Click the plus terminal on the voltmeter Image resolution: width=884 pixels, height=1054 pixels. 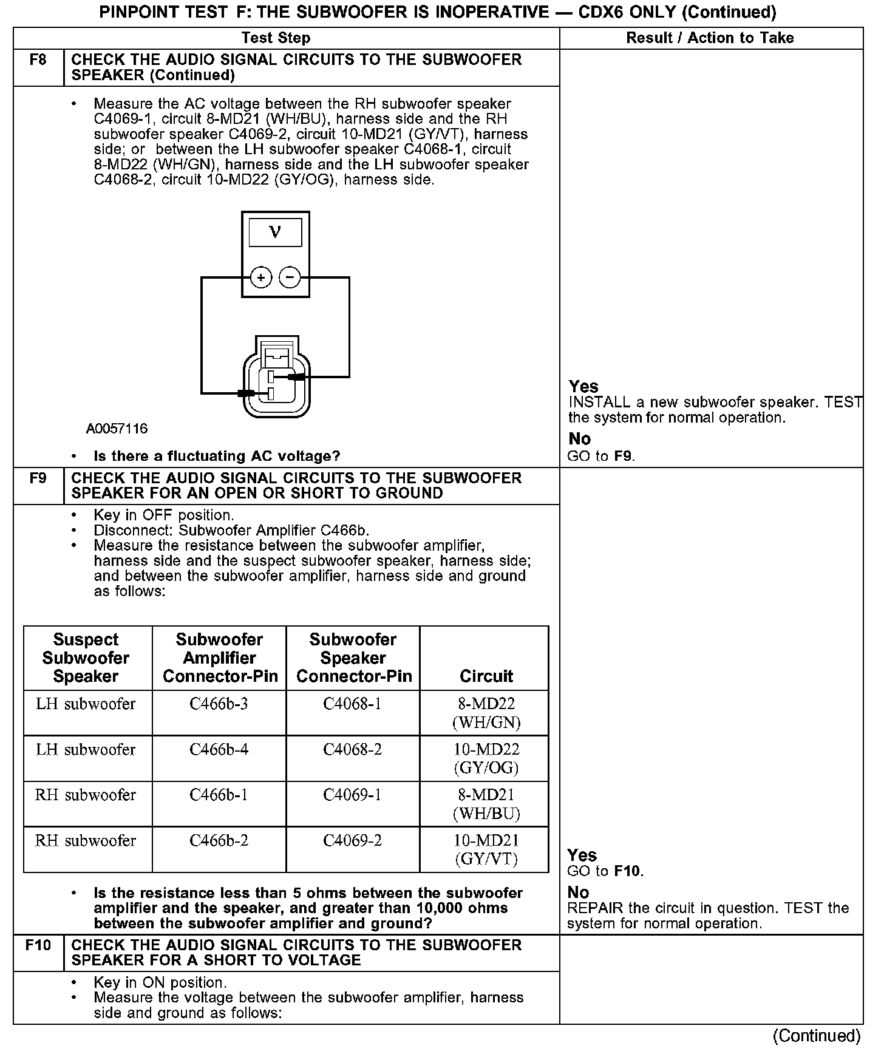[260, 278]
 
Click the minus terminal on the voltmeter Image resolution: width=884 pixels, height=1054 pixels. [290, 278]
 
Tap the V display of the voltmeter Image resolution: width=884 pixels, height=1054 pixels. [275, 233]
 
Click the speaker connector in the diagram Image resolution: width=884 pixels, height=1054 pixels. [276, 376]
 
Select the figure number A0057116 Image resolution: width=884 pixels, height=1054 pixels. [117, 429]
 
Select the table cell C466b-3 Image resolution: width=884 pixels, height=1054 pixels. [219, 704]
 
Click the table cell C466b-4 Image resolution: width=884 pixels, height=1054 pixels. [219, 750]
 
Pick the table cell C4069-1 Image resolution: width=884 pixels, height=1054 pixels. [352, 795]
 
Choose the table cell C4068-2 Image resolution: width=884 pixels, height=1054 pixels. [352, 750]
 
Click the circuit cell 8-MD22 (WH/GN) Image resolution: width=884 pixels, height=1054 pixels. [486, 713]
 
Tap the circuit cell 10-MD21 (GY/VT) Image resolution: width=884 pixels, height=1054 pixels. [486, 849]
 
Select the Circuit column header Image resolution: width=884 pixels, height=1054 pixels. [486, 676]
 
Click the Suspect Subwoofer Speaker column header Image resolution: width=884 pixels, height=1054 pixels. [86, 658]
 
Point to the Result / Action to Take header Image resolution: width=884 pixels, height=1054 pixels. [710, 38]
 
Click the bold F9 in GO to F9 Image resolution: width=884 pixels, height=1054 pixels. [624, 456]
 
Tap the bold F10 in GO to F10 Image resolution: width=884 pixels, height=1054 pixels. [628, 871]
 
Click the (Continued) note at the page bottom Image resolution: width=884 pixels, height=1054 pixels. [817, 1036]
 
